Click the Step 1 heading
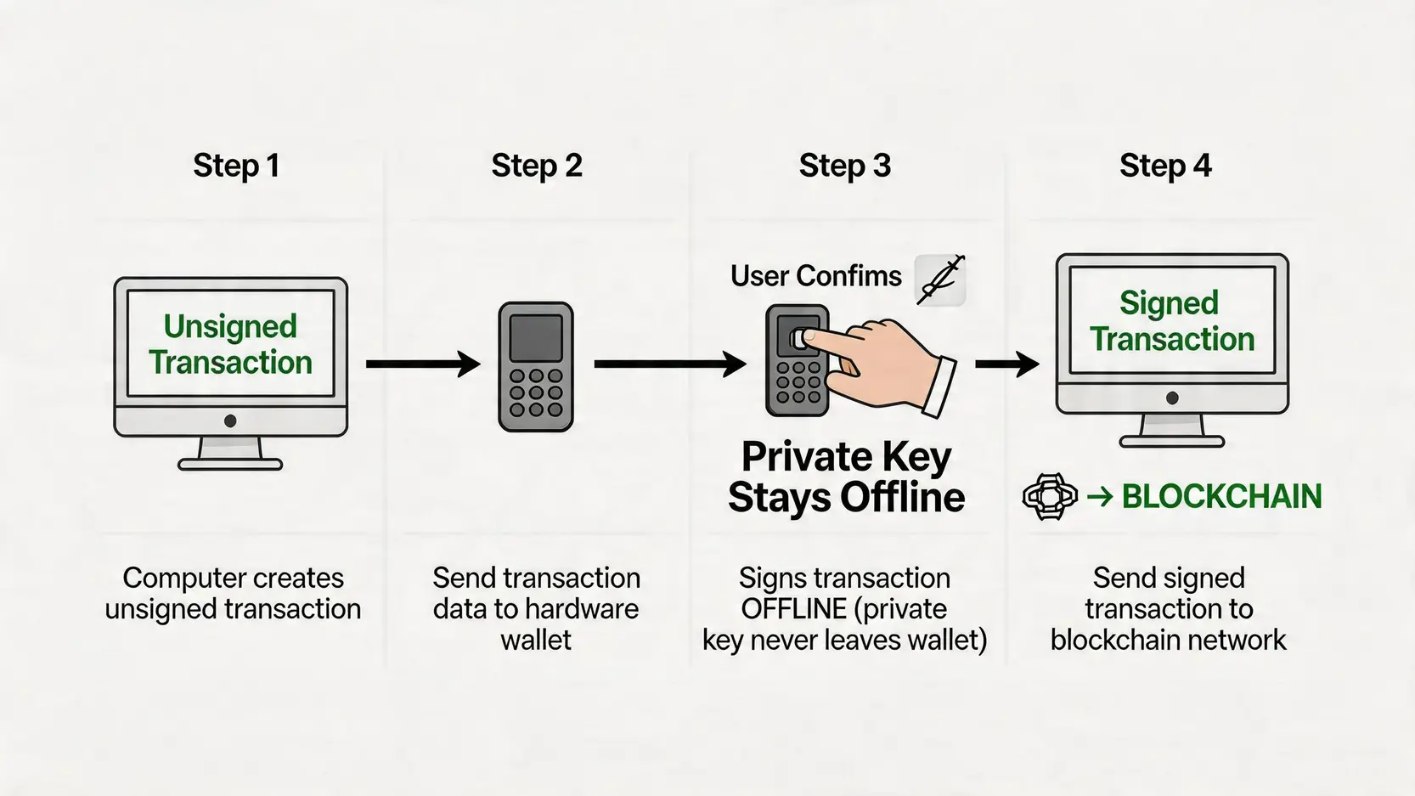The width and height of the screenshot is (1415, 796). click(236, 166)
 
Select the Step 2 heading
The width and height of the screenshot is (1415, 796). click(537, 166)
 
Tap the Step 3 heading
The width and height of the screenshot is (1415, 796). click(844, 166)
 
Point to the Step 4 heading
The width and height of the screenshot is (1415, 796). click(1165, 166)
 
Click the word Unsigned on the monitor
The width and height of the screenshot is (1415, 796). click(230, 326)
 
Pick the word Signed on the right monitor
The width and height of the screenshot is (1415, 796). click(1169, 303)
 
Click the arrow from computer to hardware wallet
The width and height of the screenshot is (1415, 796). click(422, 364)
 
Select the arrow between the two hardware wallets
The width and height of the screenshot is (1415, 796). click(669, 364)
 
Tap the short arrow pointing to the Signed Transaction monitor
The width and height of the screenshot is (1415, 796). click(1006, 364)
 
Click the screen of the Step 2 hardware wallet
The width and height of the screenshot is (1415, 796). click(535, 337)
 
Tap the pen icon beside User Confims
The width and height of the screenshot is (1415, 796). click(941, 279)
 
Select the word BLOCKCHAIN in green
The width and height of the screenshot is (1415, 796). click(1221, 497)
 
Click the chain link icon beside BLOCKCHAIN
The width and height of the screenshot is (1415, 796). click(1050, 496)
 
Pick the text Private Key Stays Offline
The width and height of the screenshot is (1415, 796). click(846, 477)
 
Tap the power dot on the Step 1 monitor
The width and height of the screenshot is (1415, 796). click(230, 421)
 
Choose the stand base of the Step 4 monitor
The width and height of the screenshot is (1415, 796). click(1172, 442)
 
